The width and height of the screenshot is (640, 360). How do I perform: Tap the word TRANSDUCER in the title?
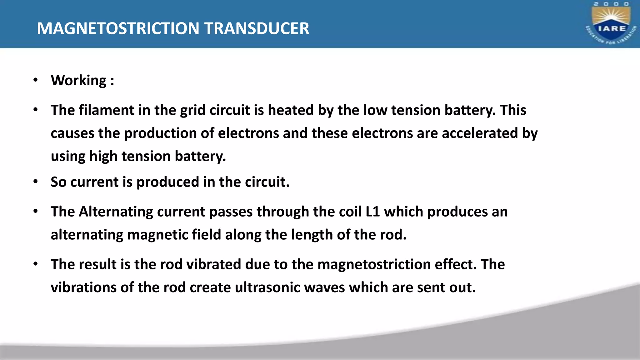pos(257,28)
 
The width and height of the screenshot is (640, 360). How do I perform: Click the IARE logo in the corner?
pos(611,24)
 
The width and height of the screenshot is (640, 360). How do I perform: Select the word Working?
pos(79,81)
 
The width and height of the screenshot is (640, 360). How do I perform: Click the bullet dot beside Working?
pos(36,80)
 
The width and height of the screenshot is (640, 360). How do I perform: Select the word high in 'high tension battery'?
pos(103,156)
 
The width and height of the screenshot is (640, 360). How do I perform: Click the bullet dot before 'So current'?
pos(36,182)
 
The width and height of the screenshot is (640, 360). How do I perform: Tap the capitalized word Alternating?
pos(116,212)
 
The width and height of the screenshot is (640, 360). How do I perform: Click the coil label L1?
pos(372,212)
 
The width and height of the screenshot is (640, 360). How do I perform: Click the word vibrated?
pos(214,264)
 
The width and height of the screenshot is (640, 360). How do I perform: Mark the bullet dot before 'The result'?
pos(36,264)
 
